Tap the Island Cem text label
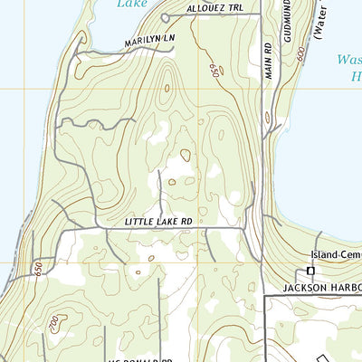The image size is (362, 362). (334, 256)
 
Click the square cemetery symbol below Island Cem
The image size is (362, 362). (310, 271)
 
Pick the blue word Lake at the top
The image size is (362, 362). (134, 4)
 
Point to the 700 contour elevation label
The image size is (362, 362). (55, 323)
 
